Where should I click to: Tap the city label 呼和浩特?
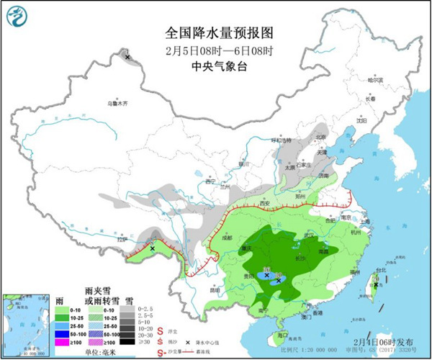pyautogui.click(x=278, y=140)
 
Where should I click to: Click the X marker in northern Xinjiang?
pyautogui.click(x=127, y=56)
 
